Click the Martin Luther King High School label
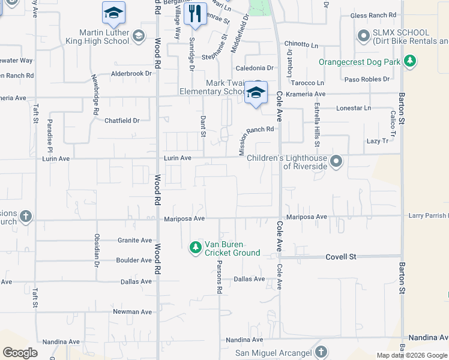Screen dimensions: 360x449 tap(104, 37)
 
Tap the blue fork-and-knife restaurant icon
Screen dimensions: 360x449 tap(195, 14)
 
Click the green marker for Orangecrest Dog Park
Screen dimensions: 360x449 tap(410, 61)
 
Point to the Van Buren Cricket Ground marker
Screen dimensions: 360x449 tap(195, 247)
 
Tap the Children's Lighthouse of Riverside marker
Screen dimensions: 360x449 tap(337, 161)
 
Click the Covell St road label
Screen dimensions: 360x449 tap(341, 257)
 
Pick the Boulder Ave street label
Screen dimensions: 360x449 tap(134, 260)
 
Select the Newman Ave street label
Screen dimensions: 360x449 tap(133, 312)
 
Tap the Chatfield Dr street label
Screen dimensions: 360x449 tap(122, 121)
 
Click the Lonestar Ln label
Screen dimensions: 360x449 tap(354, 108)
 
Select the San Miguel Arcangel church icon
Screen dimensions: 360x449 tap(321, 352)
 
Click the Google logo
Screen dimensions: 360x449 tap(20, 352)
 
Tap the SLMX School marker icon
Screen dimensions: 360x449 tap(363, 37)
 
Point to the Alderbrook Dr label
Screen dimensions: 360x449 tap(132, 74)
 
